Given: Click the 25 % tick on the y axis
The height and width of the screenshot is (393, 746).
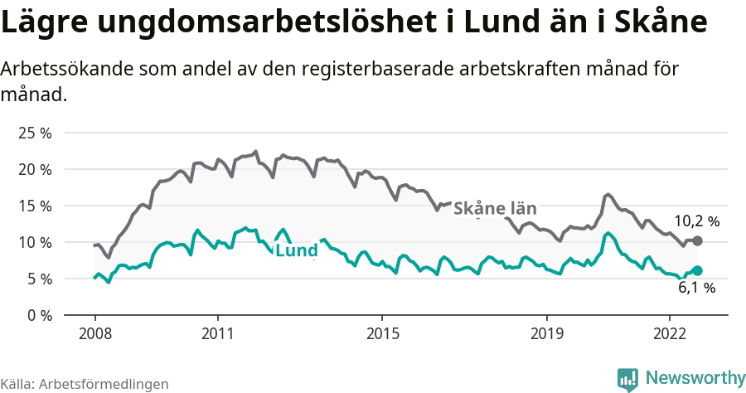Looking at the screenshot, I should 35,133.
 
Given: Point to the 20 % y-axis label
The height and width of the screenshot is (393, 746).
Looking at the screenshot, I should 35,169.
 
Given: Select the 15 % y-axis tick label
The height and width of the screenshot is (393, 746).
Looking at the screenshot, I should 35,206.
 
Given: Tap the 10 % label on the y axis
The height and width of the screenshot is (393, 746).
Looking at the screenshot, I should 35,242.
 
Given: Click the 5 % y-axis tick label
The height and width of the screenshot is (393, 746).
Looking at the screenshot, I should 39,279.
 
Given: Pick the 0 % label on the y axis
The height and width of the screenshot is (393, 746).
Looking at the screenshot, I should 39,315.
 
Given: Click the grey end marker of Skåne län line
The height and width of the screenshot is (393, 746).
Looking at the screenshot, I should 698,240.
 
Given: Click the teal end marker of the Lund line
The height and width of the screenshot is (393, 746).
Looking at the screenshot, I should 698,270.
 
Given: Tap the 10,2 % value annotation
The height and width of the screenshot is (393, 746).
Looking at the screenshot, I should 696,221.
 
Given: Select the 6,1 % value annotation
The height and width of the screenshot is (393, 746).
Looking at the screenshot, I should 696,289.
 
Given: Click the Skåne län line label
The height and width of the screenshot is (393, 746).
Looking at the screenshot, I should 496,208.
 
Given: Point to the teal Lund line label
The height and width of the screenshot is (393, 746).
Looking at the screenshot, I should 296,251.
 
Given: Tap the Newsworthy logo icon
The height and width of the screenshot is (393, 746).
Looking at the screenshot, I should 628,378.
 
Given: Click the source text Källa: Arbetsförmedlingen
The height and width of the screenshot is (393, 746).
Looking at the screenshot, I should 85,384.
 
